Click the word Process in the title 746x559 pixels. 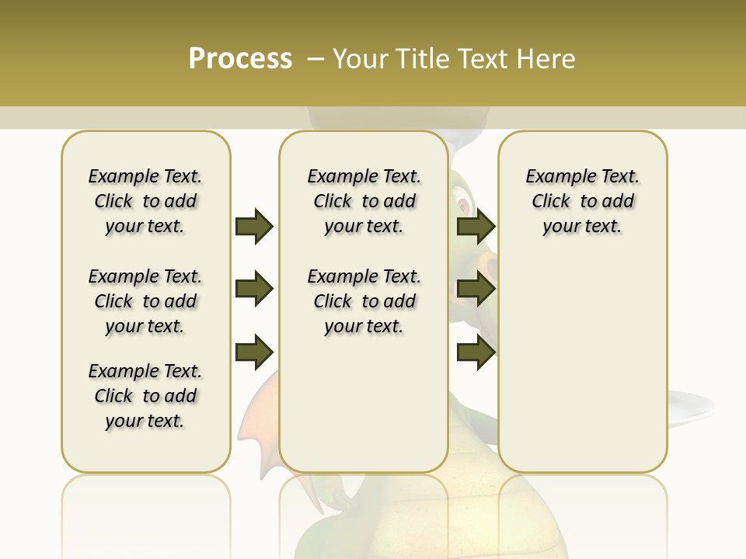(x=240, y=59)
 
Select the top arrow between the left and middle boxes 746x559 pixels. (x=254, y=227)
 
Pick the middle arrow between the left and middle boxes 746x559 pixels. (x=254, y=290)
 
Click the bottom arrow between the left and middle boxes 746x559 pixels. (x=254, y=352)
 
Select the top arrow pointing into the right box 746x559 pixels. (x=476, y=227)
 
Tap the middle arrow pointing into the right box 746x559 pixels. (x=476, y=290)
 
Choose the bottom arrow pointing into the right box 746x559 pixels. (x=476, y=352)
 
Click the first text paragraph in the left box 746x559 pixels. (x=145, y=201)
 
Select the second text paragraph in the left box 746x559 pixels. (x=145, y=301)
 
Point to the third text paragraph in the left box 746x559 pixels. (x=145, y=396)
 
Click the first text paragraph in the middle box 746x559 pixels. (x=364, y=201)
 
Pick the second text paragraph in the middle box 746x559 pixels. (x=364, y=301)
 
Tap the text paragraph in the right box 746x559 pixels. (x=582, y=201)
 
